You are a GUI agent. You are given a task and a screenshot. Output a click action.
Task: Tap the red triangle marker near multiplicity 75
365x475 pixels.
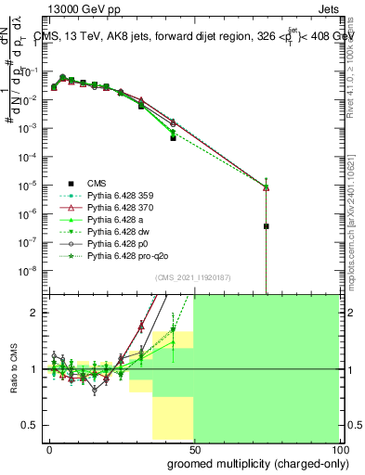click(x=266, y=187)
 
